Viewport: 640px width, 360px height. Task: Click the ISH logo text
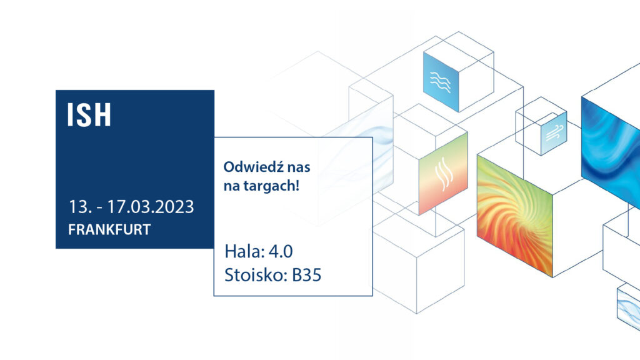tap(89, 115)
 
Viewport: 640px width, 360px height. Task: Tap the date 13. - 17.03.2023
tap(131, 206)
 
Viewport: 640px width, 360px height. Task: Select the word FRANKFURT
tap(109, 229)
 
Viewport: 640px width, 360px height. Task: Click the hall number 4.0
tap(281, 251)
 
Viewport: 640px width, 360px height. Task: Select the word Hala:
tap(244, 251)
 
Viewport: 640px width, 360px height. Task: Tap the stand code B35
tap(306, 275)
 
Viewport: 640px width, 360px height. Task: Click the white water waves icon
tap(440, 82)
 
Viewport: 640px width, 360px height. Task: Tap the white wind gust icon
tap(554, 132)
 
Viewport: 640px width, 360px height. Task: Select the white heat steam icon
tap(444, 174)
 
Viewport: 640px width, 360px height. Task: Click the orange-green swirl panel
tap(515, 216)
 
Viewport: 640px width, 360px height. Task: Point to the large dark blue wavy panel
tap(611, 147)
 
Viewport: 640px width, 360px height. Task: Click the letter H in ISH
tap(102, 115)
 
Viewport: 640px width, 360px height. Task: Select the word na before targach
tap(232, 186)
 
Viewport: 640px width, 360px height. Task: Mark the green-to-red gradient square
tap(443, 173)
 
